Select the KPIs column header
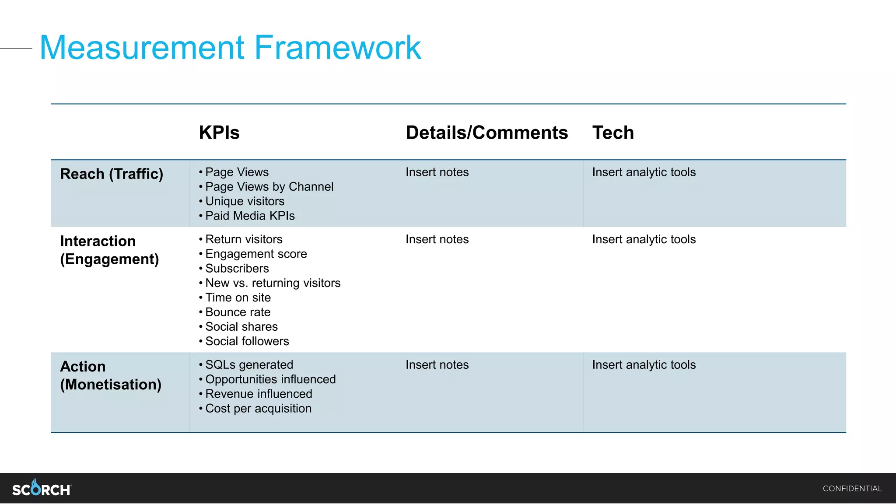tap(219, 133)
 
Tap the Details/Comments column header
tap(486, 133)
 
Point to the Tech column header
tap(613, 133)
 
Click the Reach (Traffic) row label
tap(112, 174)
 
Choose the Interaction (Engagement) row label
tap(109, 250)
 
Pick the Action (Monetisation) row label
tap(111, 375)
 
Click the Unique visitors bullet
tap(245, 201)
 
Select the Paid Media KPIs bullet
tap(250, 216)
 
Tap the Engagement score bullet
tap(256, 254)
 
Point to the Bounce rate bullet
tap(238, 312)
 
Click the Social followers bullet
tap(247, 341)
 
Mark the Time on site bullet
tap(238, 297)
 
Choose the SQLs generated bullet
tap(249, 365)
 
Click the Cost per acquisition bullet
tap(258, 409)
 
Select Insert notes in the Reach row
tap(437, 172)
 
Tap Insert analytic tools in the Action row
tap(644, 365)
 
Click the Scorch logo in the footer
tap(42, 488)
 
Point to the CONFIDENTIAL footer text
tap(852, 489)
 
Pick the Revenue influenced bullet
tap(259, 394)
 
